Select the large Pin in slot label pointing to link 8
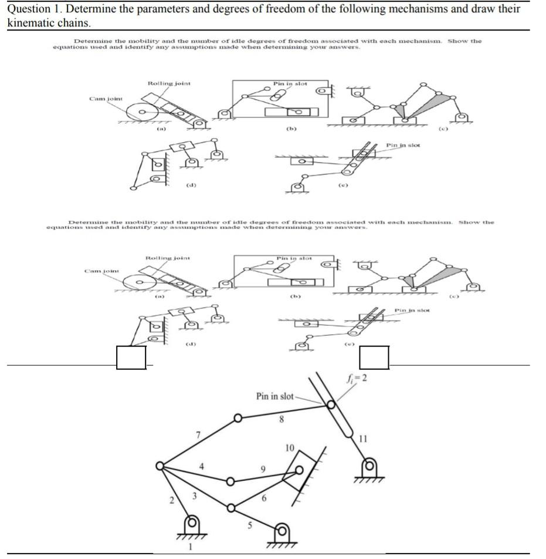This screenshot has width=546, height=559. pos(275,396)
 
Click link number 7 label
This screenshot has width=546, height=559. pos(198,435)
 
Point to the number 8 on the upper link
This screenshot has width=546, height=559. pos(282,419)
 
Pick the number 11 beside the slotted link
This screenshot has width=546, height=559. pos(363,438)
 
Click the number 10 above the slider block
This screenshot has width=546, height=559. pos(289,448)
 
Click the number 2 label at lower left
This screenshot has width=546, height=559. pos(171,500)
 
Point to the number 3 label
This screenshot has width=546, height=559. pos(194,497)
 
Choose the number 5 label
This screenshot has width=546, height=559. pos(247,526)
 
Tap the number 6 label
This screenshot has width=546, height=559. pos(264,498)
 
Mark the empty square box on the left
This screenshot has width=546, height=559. pos(131,358)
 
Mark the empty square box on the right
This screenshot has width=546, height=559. pos(374,358)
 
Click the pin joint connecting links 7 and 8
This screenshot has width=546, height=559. pos(238,419)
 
